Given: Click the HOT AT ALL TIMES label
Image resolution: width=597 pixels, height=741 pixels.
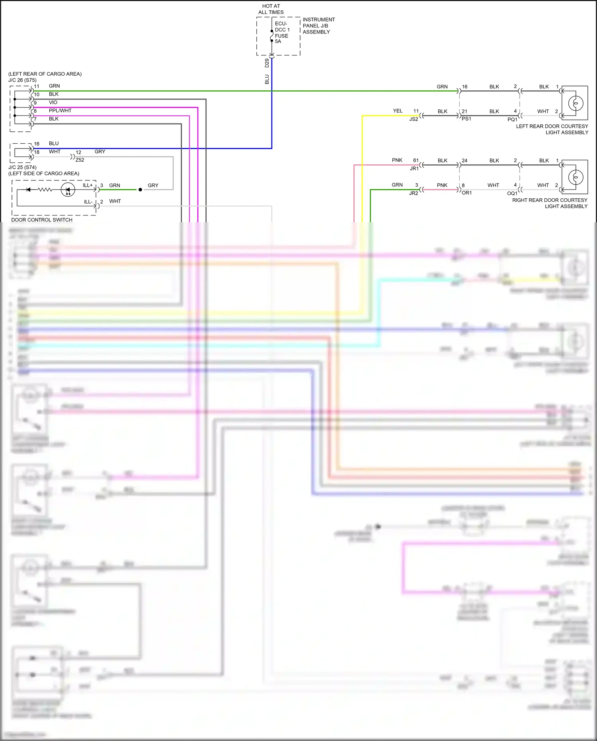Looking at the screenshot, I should coord(271,9).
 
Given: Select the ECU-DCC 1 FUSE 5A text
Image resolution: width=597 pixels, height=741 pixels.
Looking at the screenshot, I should coord(282,32).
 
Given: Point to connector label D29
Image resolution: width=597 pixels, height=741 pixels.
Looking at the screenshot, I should coord(267,63).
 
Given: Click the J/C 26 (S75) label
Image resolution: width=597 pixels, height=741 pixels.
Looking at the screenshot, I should coord(22,80).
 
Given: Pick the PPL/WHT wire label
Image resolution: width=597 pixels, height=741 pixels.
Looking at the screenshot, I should coord(60,111).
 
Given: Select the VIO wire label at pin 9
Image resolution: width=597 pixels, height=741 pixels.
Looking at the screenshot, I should coord(53,102).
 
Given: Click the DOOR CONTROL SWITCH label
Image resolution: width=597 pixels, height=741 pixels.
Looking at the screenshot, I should coord(42,220).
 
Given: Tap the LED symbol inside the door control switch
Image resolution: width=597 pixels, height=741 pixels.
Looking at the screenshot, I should coord(68,190).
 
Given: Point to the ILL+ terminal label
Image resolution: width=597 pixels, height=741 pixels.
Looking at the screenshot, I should coord(88,185).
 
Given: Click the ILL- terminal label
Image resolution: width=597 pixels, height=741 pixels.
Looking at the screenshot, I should coord(88,202).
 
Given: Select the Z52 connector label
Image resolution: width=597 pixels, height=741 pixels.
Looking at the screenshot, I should coord(80,160).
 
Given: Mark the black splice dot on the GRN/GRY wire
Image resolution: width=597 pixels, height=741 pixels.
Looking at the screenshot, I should coord(140,190).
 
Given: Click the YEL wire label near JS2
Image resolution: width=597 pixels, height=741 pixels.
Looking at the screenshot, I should coord(398,111).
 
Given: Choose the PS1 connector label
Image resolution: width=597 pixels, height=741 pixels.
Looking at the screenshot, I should coord(466,119).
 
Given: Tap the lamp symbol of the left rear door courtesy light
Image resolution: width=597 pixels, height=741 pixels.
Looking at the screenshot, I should coord(576,103).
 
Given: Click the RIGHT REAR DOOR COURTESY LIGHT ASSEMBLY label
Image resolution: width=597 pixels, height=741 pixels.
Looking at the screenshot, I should coord(550,203).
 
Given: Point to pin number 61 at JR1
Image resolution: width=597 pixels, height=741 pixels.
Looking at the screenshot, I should coord(416,160).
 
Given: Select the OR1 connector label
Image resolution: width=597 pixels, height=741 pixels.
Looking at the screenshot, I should coord(466,193).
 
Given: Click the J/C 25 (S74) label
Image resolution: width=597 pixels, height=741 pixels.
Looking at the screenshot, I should coord(22,167).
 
